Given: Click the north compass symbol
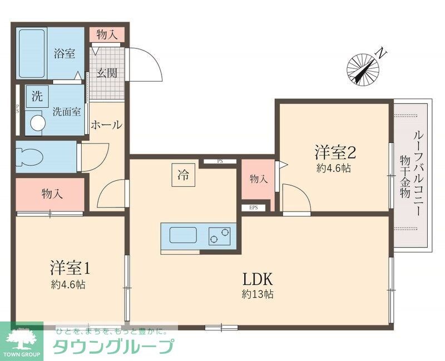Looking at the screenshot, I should click(363, 68).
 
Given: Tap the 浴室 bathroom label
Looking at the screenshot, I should click(65, 54).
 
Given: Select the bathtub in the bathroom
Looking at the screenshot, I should click(32, 55).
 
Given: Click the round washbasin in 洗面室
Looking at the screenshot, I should click(37, 122).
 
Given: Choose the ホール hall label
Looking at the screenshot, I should click(106, 125).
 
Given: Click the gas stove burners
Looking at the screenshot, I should click(219, 236).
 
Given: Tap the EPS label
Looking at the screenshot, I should click(254, 208).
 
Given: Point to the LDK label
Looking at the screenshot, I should click(256, 278).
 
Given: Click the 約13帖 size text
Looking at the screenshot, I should click(257, 294).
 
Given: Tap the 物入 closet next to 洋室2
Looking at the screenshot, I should click(258, 179).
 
